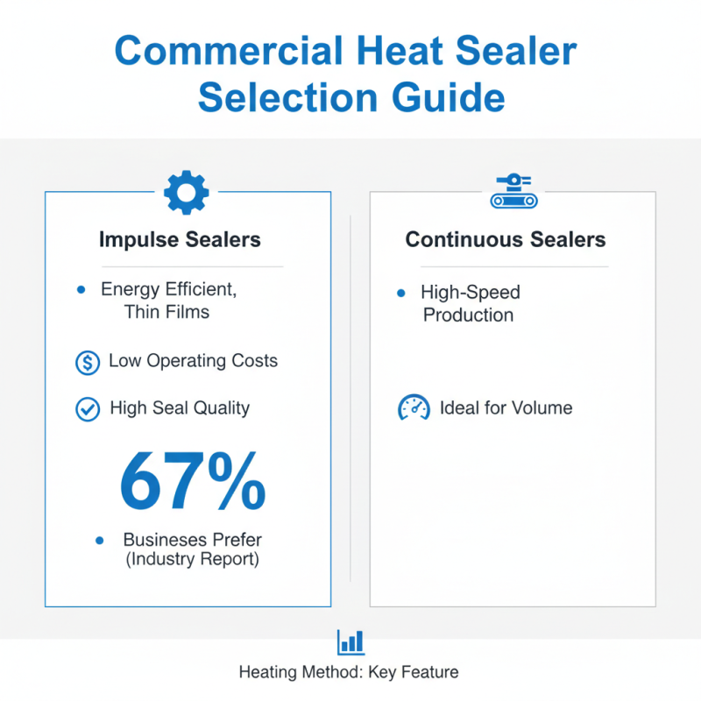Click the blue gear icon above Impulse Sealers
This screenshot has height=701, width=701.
tap(187, 193)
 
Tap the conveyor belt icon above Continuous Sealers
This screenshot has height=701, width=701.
tap(512, 192)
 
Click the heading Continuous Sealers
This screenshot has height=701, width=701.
tap(505, 239)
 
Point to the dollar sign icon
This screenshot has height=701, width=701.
tap(88, 362)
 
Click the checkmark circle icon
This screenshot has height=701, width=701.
tap(88, 408)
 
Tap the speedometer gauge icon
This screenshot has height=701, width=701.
tap(414, 408)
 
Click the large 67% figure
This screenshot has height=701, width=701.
tap(192, 483)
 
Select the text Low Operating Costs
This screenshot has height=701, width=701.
tap(193, 361)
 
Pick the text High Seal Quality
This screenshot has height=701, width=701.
tap(180, 407)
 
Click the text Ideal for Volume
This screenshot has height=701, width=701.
tap(506, 407)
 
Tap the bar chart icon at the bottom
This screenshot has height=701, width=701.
tap(350, 641)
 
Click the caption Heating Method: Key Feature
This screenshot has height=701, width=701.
tap(349, 673)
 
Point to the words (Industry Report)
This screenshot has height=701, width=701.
tap(192, 559)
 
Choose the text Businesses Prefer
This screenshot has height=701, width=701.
tap(192, 540)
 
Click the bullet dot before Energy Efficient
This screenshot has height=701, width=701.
tap(81, 289)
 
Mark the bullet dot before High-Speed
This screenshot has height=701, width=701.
tap(401, 292)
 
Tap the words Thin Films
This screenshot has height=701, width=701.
tap(166, 311)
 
